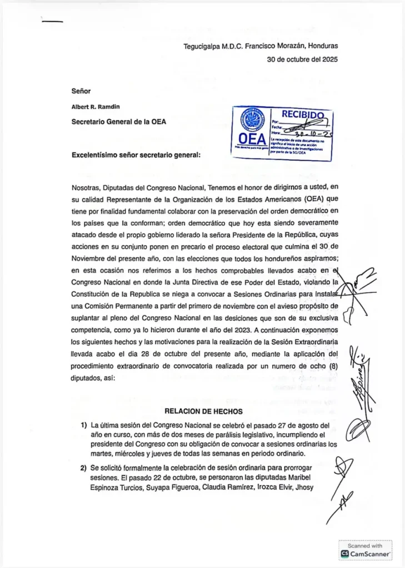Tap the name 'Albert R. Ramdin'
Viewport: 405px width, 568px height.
(96, 106)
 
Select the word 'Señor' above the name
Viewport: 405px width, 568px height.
(81, 90)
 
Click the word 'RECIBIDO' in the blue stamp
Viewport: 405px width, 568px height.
(302, 115)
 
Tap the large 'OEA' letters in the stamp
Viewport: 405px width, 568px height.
(252, 139)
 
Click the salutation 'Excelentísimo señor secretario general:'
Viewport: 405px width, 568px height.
(136, 155)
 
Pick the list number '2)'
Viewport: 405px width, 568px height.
(84, 468)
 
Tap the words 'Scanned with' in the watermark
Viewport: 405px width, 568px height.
(366, 546)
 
